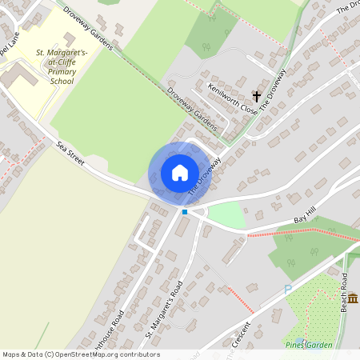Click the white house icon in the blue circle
point(180,172)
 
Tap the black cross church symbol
point(257,94)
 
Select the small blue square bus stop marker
point(185,211)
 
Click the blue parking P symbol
point(288,290)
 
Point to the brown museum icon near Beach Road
point(353,298)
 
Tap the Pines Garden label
point(308,344)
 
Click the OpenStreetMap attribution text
point(81,354)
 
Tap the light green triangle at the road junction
point(226,214)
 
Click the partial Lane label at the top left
point(8,48)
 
